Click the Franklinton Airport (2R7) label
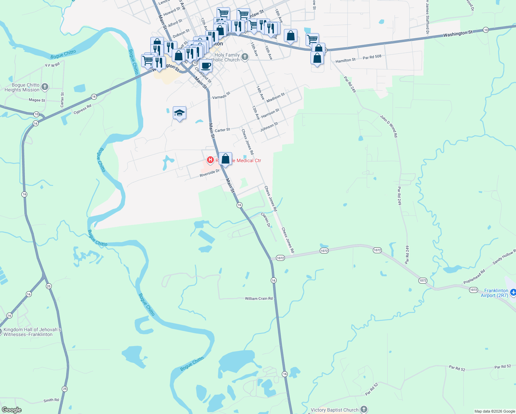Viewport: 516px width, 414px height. [496, 293]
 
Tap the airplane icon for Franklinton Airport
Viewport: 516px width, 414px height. [513, 292]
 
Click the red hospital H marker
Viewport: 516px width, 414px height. [210, 160]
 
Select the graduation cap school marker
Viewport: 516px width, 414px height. [179, 113]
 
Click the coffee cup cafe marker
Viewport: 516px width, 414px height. [206, 66]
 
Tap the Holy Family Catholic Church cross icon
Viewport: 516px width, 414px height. [245, 57]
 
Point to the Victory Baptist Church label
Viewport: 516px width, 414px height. [334, 410]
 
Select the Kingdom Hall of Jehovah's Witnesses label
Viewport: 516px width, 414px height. [32, 332]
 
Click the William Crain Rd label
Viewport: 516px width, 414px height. [259, 298]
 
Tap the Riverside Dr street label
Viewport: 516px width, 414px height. [209, 173]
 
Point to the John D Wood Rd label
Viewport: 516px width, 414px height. [389, 126]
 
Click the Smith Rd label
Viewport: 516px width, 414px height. [51, 400]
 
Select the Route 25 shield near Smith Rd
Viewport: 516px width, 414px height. [65, 389]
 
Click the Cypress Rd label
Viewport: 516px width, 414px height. [82, 109]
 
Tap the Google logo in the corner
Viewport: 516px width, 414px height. [11, 410]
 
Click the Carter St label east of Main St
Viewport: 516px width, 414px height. [222, 130]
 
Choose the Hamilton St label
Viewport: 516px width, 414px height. [345, 60]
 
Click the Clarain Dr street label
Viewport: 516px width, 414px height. [266, 220]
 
